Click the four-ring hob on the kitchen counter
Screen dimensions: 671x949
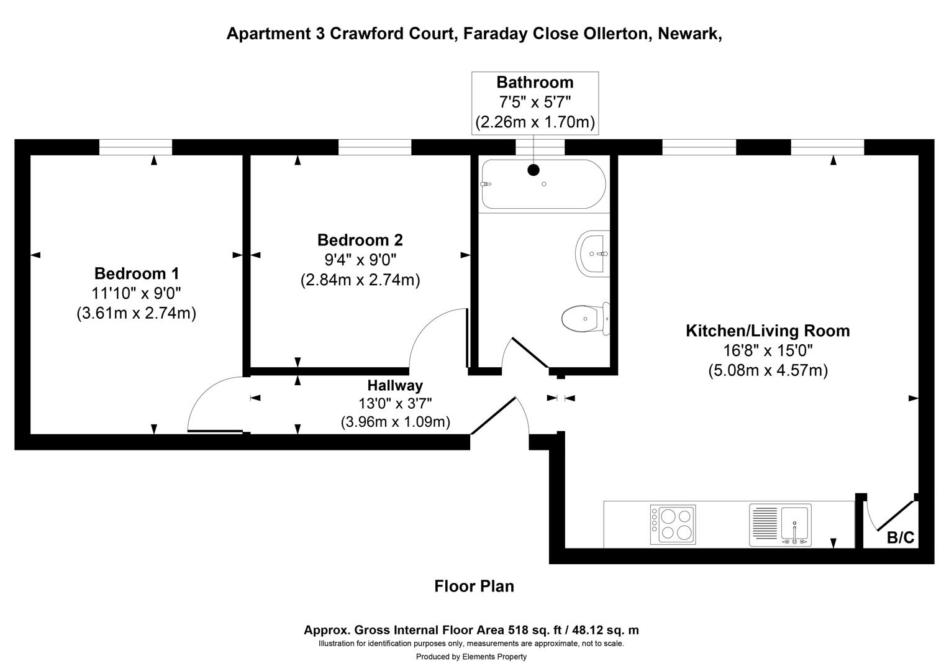click(673, 525)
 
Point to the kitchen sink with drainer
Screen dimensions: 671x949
click(780, 525)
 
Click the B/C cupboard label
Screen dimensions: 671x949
click(901, 537)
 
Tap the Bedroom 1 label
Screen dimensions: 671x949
click(137, 273)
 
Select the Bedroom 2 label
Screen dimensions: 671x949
click(360, 240)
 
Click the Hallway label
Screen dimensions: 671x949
click(395, 385)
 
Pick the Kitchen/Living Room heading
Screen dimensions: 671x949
click(768, 331)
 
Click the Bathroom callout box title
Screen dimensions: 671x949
click(535, 83)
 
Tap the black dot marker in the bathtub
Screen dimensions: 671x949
click(534, 170)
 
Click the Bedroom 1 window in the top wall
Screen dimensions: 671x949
click(135, 147)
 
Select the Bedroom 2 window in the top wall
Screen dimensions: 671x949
click(375, 147)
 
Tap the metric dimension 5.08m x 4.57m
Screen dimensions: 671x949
click(768, 371)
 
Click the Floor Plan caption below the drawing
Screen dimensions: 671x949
click(474, 586)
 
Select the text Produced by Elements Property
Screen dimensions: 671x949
click(471, 657)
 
